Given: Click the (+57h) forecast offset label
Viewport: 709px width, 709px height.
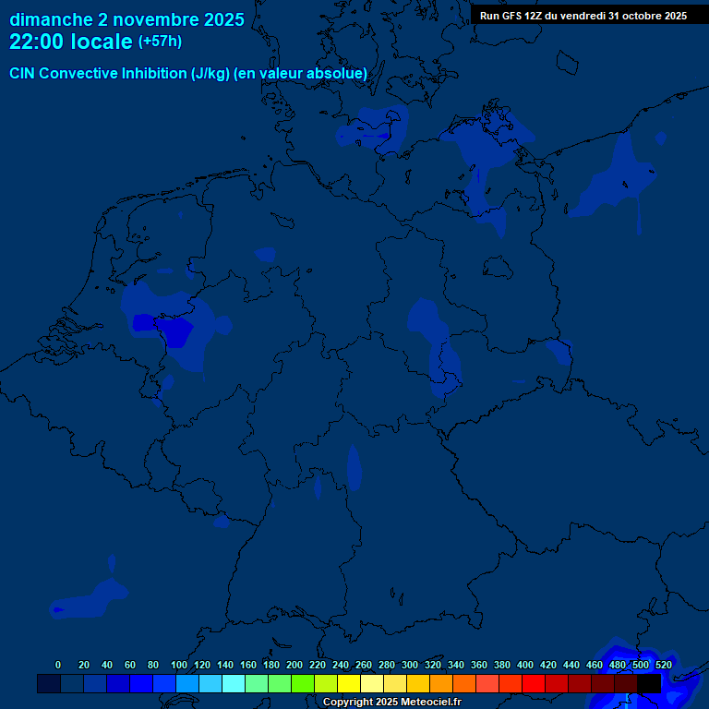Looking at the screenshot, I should click(x=160, y=42).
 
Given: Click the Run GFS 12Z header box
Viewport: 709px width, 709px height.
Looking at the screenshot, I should click(x=583, y=16).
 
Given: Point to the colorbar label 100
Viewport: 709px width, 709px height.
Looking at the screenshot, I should click(x=178, y=665).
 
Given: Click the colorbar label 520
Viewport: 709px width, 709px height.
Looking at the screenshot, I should click(x=663, y=665).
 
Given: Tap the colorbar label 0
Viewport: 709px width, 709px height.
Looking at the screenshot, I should click(x=58, y=665).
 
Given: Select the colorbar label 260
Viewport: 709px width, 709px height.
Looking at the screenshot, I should click(x=363, y=665).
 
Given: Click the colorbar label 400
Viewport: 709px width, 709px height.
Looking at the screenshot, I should click(x=524, y=665).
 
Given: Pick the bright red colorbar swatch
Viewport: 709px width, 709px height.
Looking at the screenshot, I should click(x=534, y=683).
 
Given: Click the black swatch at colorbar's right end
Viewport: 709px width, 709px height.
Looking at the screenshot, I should click(x=649, y=683).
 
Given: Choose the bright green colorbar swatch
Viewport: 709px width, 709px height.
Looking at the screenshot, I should click(x=303, y=683).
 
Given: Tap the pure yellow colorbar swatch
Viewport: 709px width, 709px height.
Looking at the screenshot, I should click(x=349, y=683).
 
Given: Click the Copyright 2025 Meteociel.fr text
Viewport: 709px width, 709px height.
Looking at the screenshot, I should click(x=391, y=703).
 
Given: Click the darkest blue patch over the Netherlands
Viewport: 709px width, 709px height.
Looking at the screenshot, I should click(x=145, y=323).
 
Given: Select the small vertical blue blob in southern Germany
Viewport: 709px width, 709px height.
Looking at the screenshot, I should click(x=354, y=466).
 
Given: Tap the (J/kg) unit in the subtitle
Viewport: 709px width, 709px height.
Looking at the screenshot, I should click(x=211, y=74).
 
